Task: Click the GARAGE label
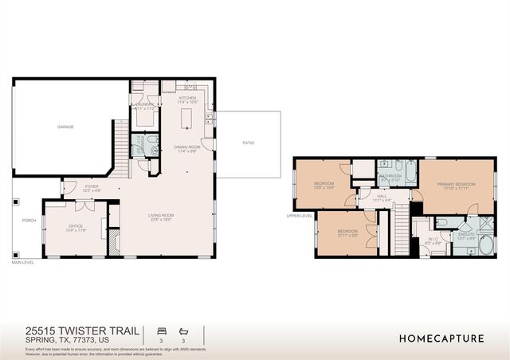click(x=65, y=127)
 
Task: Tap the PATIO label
click(x=249, y=143)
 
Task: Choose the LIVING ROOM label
click(x=161, y=216)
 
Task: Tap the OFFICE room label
click(x=76, y=227)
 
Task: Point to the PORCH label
click(x=29, y=221)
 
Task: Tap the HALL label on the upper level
click(x=382, y=198)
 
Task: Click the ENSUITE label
click(x=466, y=235)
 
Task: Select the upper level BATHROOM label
click(x=390, y=177)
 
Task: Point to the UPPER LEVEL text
click(x=300, y=215)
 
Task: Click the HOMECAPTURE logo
click(x=441, y=338)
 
